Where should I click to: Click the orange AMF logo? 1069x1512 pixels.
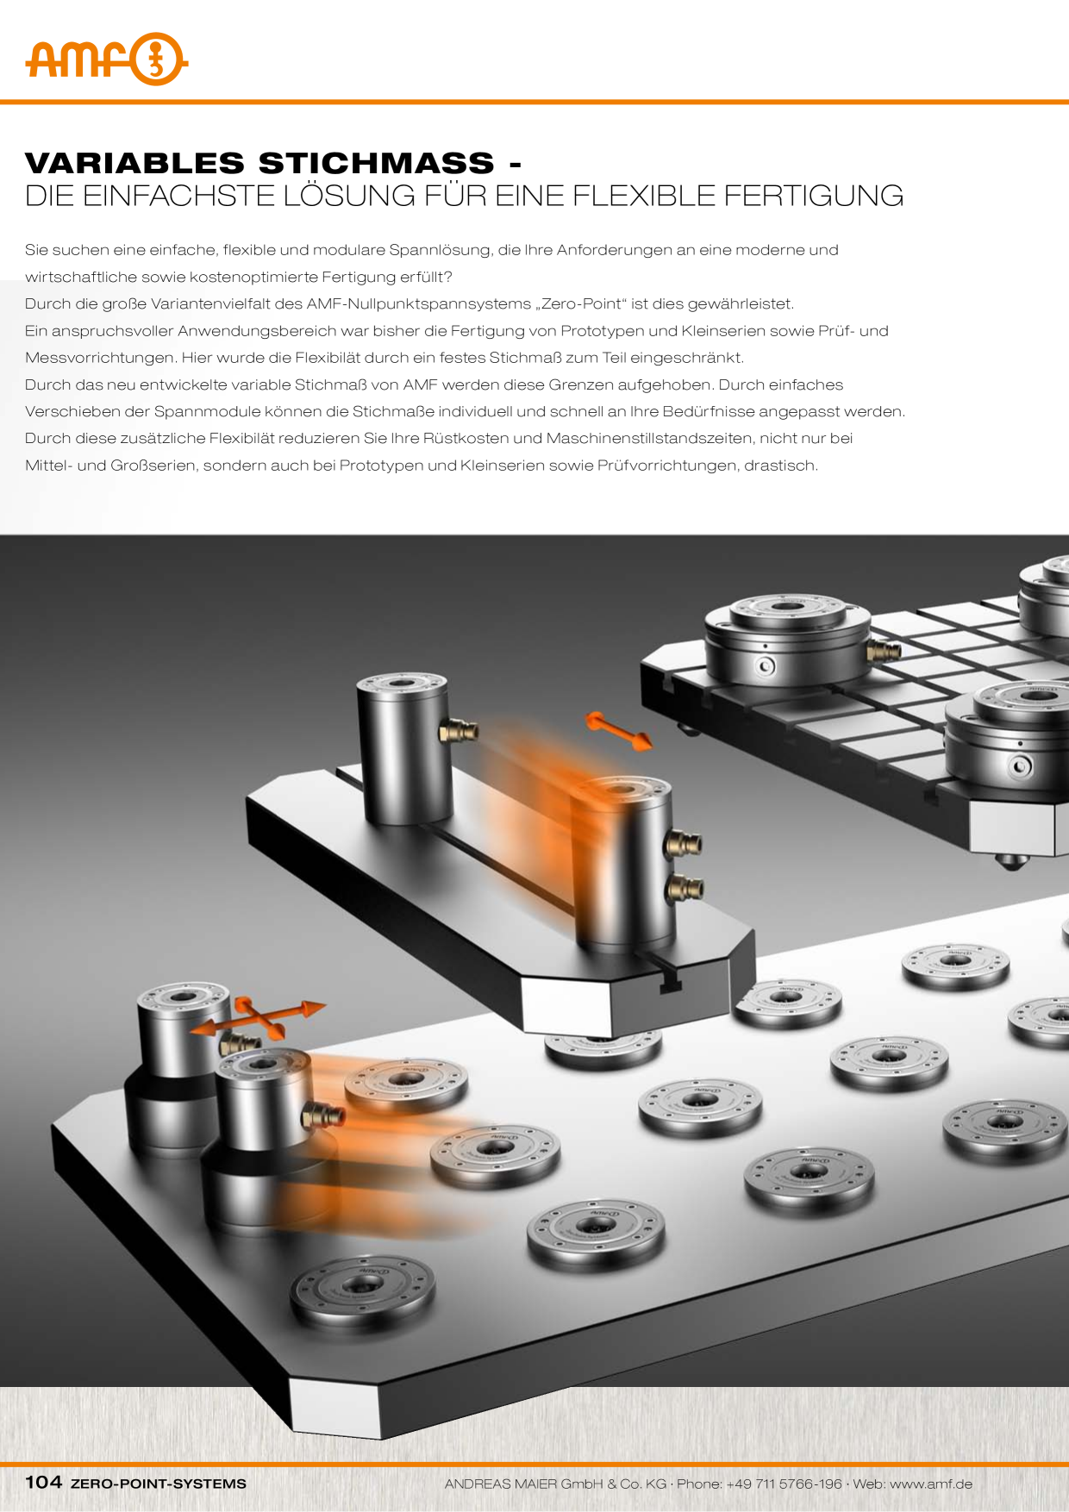106,59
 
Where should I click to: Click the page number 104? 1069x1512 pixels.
43,1482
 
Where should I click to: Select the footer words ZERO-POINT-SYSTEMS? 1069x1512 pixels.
158,1484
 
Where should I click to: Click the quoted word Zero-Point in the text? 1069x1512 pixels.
582,303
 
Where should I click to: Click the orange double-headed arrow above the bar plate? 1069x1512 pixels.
618,730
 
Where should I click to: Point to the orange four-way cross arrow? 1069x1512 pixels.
259,1016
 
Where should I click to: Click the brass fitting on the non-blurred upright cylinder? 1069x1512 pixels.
458,732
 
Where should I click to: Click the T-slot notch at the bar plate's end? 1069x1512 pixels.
670,981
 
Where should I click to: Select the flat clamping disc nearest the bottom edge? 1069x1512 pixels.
362,1290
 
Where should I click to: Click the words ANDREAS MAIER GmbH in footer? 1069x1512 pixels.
525,1484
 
